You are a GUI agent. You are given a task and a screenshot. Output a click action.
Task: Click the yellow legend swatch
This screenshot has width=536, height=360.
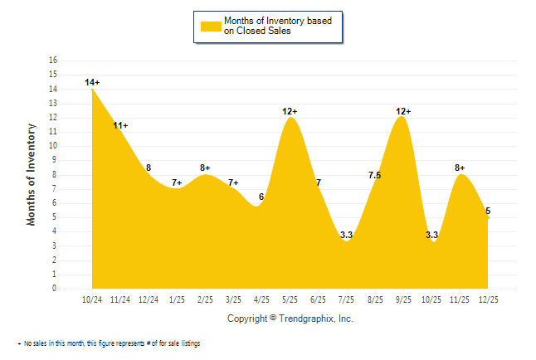210,26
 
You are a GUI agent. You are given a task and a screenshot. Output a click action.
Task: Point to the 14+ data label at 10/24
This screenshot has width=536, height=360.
92,82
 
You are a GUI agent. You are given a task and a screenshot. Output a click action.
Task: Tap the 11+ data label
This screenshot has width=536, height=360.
120,125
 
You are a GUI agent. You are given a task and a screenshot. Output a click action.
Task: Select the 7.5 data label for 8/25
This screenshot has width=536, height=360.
374,175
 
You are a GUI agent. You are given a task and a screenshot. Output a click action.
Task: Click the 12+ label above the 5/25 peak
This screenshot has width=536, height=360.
290,111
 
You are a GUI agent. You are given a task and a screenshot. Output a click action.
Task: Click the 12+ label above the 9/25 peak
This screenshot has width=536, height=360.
403,111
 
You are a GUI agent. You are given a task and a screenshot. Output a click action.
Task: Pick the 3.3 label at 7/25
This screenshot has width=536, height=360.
347,236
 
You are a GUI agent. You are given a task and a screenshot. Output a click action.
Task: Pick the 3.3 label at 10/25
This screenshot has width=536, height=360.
431,236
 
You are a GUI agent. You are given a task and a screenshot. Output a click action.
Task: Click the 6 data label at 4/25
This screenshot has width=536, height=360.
261,197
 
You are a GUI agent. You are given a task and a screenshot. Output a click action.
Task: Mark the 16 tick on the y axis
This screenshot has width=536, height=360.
53,61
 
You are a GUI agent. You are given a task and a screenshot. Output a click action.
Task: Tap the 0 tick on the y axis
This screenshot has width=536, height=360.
55,289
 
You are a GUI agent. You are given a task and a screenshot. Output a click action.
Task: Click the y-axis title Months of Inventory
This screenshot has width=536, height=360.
32,174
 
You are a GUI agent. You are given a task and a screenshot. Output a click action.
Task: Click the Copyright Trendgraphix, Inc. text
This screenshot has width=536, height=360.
290,319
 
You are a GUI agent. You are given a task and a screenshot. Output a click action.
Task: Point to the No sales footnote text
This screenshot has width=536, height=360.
111,343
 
